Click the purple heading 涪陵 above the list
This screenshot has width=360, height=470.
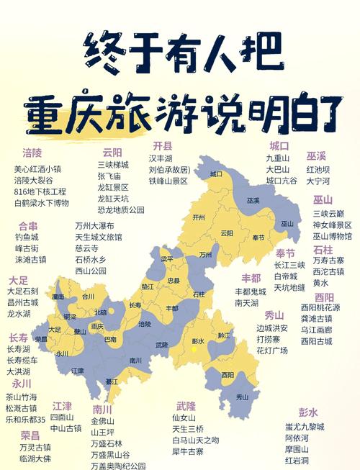pyautogui.click(x=32, y=153)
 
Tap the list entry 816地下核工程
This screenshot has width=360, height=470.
pyautogui.click(x=40, y=192)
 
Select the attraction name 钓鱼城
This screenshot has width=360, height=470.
pyautogui.click(x=27, y=237)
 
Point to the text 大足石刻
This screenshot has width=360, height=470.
pyautogui.click(x=22, y=292)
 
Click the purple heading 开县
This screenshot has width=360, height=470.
pyautogui.click(x=163, y=145)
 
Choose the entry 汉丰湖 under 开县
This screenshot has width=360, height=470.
pyautogui.click(x=161, y=158)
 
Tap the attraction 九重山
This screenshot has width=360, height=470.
pyautogui.click(x=277, y=158)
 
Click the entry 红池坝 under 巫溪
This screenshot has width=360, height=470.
pyautogui.click(x=318, y=170)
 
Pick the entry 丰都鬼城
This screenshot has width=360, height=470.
pyautogui.click(x=251, y=292)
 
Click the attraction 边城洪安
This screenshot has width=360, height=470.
pyautogui.click(x=272, y=327)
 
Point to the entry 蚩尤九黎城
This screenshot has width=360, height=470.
pyautogui.click(x=305, y=426)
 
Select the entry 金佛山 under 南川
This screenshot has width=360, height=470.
pyautogui.click(x=102, y=420)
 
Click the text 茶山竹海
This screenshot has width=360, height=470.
pyautogui.click(x=22, y=397)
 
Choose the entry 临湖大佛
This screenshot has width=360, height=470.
pyautogui.click(x=35, y=458)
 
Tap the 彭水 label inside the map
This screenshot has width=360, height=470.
pyautogui.click(x=199, y=340)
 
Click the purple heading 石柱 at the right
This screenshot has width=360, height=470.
pyautogui.click(x=323, y=250)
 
